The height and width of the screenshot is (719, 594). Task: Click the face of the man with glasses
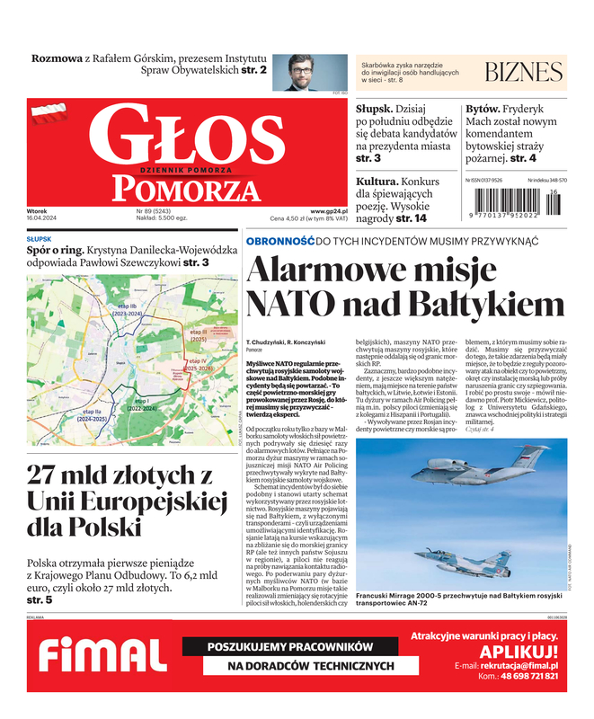(x=306, y=70)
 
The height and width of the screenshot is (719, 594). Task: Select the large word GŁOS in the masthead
(x=185, y=136)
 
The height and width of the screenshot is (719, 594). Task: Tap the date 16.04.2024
(x=42, y=218)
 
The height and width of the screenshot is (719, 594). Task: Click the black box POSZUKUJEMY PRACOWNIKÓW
(x=289, y=646)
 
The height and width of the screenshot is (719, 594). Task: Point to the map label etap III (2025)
(x=199, y=336)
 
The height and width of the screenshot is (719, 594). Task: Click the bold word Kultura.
(x=380, y=181)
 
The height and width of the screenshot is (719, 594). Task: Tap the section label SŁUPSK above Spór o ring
(x=39, y=239)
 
